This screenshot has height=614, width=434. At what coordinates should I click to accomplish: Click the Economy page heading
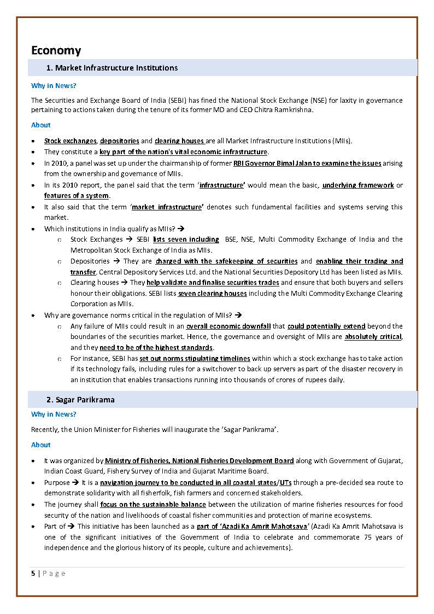pos(56,50)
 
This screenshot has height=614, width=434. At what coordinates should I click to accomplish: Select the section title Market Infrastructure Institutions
pos(116,68)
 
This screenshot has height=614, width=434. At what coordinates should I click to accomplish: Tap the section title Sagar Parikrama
pos(85,400)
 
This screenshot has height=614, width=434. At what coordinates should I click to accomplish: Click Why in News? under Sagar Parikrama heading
pos(54,414)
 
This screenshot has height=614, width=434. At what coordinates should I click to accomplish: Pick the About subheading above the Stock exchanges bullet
pos(40,125)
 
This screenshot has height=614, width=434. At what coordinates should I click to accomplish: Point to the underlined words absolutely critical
pos(373,337)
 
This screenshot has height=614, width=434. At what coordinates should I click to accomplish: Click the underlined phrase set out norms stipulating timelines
pos(195,359)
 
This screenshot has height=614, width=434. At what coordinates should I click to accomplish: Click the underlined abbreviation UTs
pos(285,482)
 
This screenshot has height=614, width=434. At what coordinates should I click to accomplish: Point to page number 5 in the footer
pos(33,573)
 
